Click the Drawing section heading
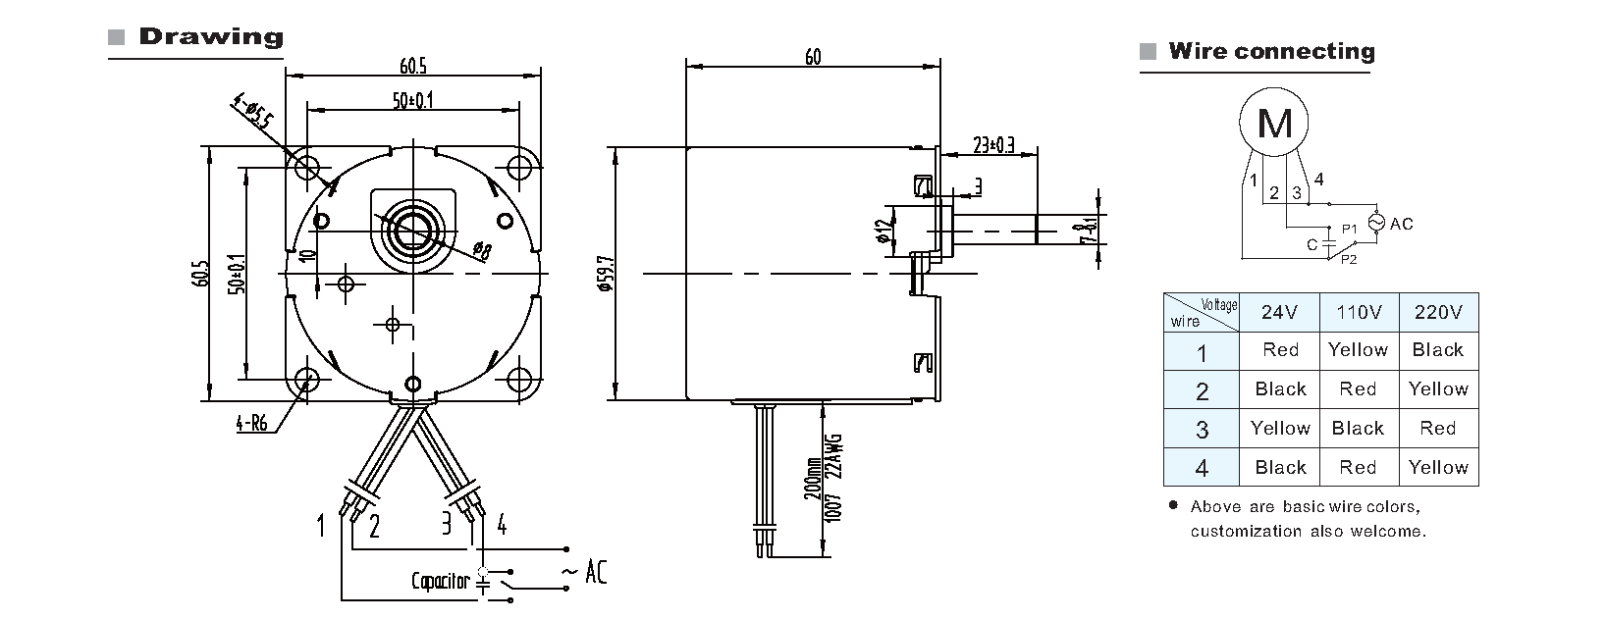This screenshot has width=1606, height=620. coord(210,37)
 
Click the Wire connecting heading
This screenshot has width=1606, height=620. coord(1270,52)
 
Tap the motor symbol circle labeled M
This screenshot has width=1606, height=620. coord(1274,124)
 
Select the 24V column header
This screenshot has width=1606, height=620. coord(1280,313)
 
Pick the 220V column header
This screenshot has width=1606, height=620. coord(1438,313)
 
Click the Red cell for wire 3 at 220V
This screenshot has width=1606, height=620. coord(1438,429)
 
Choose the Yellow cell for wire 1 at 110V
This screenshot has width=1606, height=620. coord(1358,350)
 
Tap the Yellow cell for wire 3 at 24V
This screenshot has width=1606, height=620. coord(1280,429)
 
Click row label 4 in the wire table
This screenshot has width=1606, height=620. coord(1202,468)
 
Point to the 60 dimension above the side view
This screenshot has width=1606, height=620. coord(813,57)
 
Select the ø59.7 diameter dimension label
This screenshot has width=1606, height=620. coord(605,276)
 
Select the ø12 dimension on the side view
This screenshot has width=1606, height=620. coord(883,232)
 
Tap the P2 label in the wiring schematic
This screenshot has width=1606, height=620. coord(1349,259)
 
